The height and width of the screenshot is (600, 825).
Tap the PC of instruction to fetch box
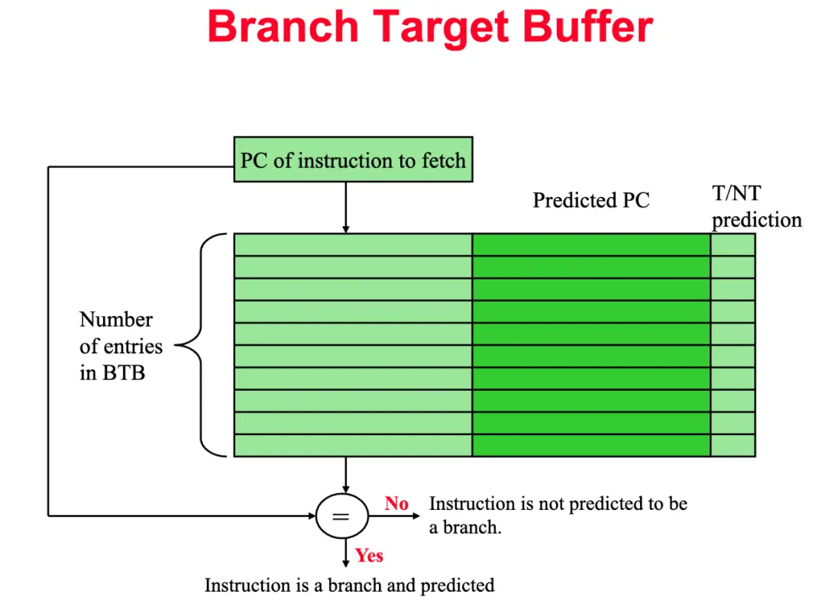click(353, 160)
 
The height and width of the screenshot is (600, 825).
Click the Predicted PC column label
click(590, 200)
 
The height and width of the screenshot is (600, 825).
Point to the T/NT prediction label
click(756, 208)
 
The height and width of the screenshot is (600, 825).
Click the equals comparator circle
click(341, 516)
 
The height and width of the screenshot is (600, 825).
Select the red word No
click(396, 504)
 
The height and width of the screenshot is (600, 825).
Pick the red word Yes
click(369, 555)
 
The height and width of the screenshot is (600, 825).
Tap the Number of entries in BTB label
click(121, 347)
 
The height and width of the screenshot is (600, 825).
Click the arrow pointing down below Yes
click(346, 553)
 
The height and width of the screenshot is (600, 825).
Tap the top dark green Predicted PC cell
click(591, 244)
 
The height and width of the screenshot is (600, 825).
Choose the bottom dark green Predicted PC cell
click(591, 445)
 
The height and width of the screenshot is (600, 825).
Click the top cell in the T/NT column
click(733, 244)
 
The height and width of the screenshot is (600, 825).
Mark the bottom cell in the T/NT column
click(733, 445)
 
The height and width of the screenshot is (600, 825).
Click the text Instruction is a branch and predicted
click(349, 585)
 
